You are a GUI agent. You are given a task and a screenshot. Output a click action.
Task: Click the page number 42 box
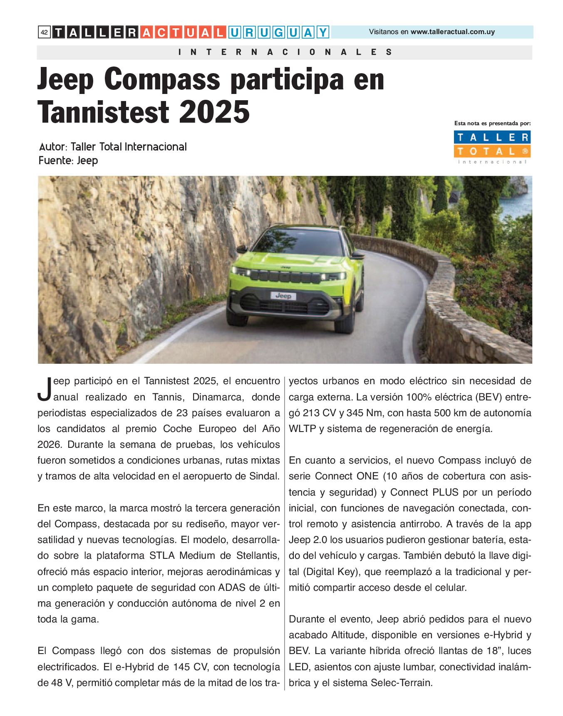tap(44, 32)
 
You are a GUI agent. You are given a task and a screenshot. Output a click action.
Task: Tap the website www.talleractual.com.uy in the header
tap(452, 32)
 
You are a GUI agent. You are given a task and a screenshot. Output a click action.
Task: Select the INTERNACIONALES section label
tap(285, 52)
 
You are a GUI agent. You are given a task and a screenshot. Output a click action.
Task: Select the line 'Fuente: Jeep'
tap(68, 160)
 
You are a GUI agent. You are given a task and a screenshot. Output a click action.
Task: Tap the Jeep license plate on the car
tap(283, 296)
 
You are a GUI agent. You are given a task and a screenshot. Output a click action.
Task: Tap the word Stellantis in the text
tap(258, 556)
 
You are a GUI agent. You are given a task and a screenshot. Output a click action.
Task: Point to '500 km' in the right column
tap(450, 413)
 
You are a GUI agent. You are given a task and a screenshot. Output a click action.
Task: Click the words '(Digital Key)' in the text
tap(330, 572)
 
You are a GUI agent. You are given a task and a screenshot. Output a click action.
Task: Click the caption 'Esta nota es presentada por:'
tap(492, 123)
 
